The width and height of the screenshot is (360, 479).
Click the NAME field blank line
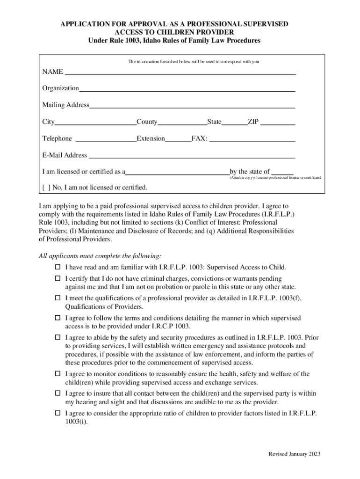point(180,72)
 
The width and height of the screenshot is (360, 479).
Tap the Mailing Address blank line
point(192,105)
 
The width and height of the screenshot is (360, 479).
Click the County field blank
point(182,122)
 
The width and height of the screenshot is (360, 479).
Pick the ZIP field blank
point(278,122)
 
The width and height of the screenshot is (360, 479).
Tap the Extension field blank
point(178,138)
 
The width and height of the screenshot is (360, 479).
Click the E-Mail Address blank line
point(192,155)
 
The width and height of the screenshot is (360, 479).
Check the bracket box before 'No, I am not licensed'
point(46,188)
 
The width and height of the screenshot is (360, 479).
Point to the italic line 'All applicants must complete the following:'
point(100,256)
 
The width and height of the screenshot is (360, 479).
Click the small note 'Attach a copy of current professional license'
point(274,178)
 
